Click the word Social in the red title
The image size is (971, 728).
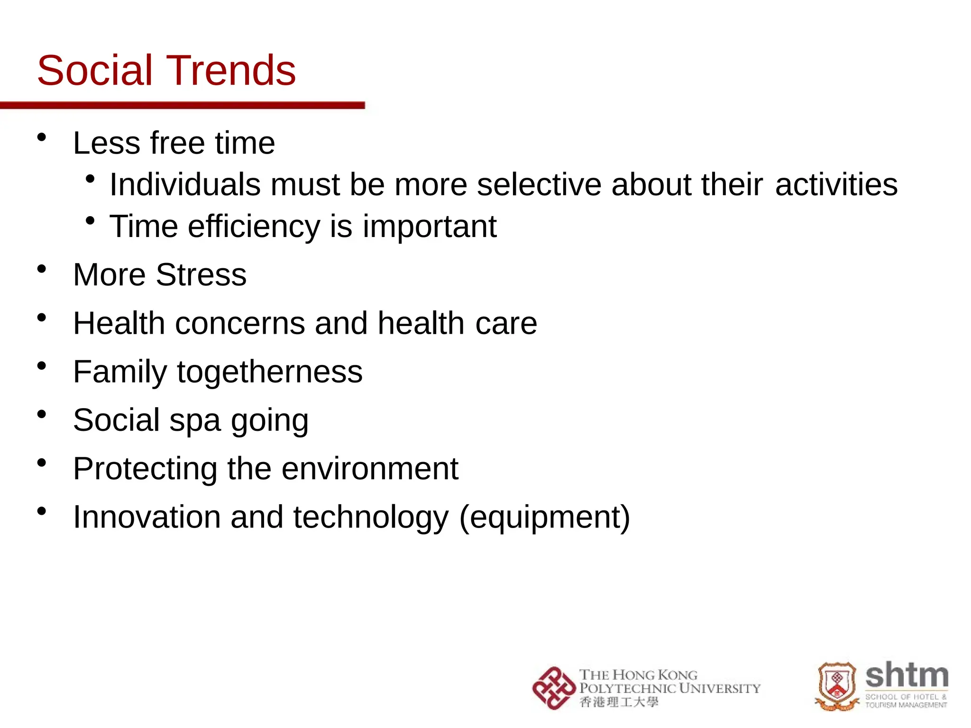tap(94, 71)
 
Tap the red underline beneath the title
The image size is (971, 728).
tap(183, 105)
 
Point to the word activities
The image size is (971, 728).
tap(836, 184)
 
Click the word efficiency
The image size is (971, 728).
tap(254, 226)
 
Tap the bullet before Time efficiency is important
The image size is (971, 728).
tap(90, 221)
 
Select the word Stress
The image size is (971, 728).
tap(201, 275)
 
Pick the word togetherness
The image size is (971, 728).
tap(270, 372)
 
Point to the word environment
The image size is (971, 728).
tap(370, 469)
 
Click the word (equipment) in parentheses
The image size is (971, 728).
tap(545, 518)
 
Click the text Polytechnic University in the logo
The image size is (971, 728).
tap(669, 688)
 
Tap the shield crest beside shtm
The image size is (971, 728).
tap(837, 686)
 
